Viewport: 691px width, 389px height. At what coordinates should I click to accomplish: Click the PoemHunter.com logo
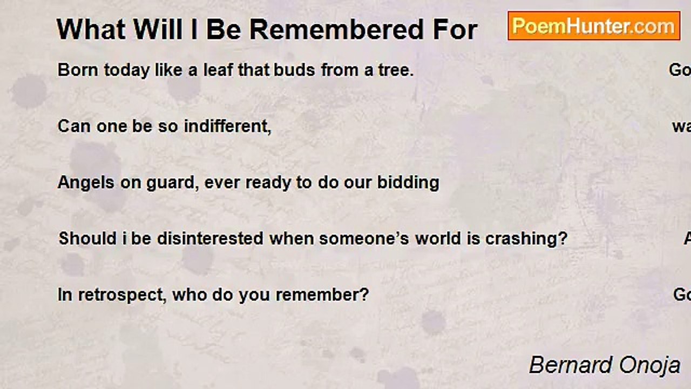(x=594, y=26)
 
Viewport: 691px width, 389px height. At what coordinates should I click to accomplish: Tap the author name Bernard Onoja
(x=604, y=365)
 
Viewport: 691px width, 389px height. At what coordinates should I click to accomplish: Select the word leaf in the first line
(x=218, y=70)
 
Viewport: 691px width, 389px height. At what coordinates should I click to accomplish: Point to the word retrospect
(x=122, y=295)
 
